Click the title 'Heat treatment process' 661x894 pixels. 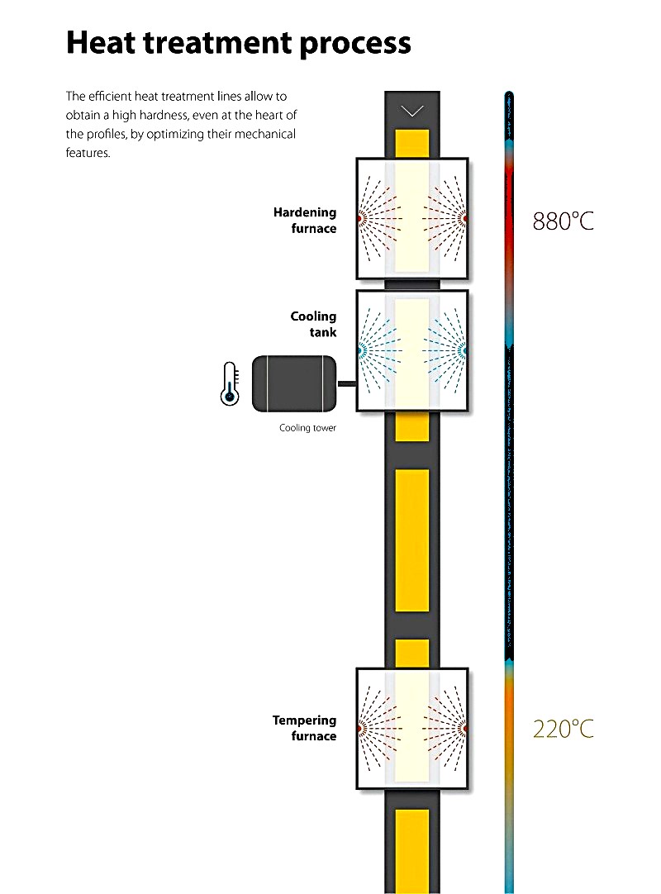pyautogui.click(x=238, y=42)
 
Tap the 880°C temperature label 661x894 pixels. pyautogui.click(x=563, y=221)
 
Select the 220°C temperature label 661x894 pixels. pyautogui.click(x=563, y=730)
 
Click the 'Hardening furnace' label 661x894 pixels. pyautogui.click(x=305, y=221)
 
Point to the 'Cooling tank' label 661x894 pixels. pyautogui.click(x=313, y=324)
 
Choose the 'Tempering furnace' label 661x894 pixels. pyautogui.click(x=305, y=728)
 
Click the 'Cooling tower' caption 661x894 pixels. pyautogui.click(x=307, y=429)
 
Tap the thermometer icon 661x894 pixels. pyautogui.click(x=231, y=383)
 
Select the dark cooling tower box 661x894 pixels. pyautogui.click(x=293, y=383)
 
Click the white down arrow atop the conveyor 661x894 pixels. pyautogui.click(x=411, y=111)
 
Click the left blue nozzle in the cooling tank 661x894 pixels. pyautogui.click(x=361, y=350)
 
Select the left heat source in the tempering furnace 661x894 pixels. pyautogui.click(x=361, y=728)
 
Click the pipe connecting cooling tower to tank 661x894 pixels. pyautogui.click(x=346, y=383)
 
